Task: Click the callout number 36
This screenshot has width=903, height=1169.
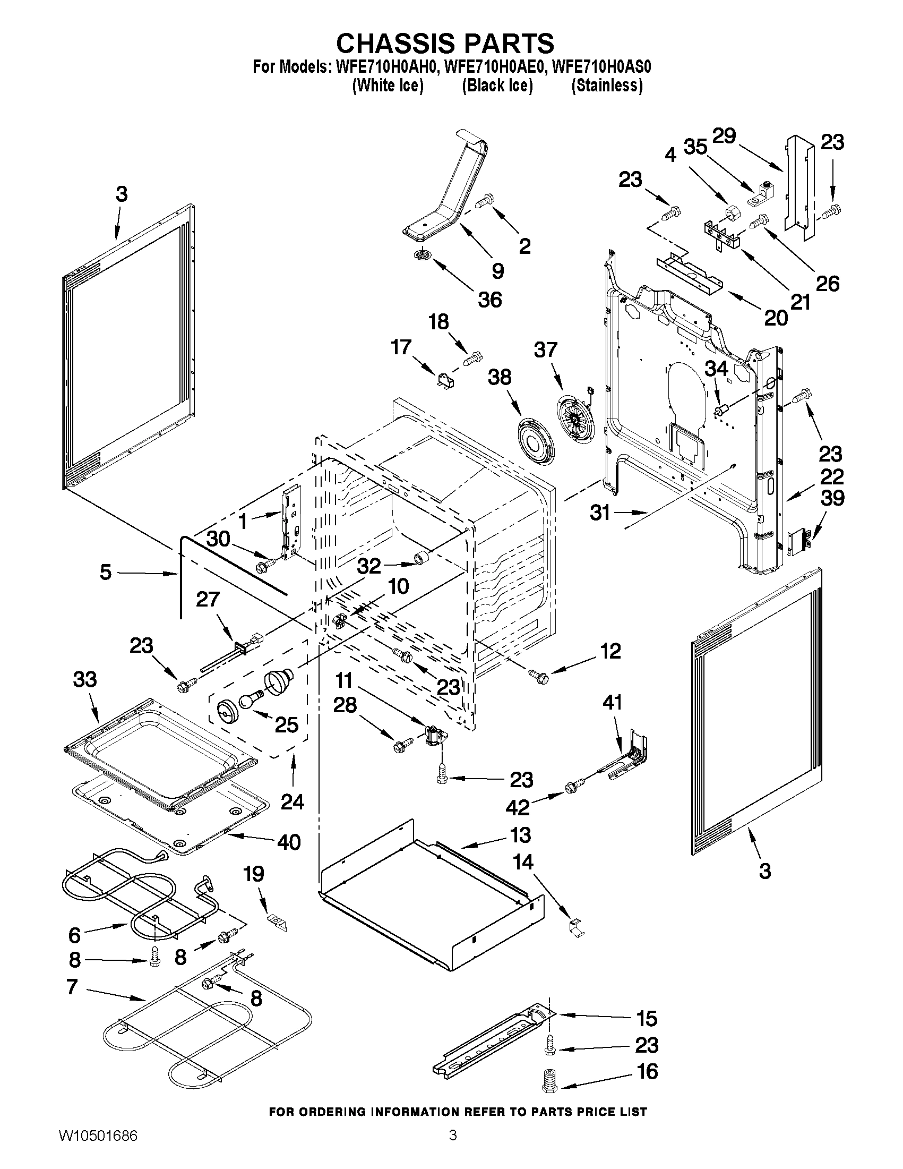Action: click(x=490, y=299)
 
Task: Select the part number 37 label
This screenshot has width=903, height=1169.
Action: click(x=545, y=350)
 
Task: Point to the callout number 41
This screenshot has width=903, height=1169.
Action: click(x=612, y=702)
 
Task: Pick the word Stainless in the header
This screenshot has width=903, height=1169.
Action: click(x=607, y=85)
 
